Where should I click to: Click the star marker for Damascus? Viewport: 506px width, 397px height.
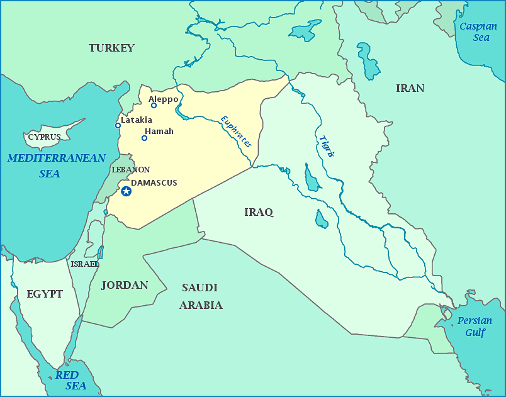(126, 191)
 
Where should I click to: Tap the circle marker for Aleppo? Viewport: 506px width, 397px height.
(154, 105)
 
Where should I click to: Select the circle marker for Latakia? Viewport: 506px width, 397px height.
(118, 125)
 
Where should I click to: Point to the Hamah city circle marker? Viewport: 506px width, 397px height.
(144, 138)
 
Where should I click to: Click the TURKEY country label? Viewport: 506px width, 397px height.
(111, 48)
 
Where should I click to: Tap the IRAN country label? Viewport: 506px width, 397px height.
(410, 88)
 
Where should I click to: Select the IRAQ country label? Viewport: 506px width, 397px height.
(259, 212)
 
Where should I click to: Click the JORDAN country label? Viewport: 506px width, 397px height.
(125, 285)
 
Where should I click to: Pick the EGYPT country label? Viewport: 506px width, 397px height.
(45, 294)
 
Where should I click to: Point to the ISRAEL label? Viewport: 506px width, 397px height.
(84, 264)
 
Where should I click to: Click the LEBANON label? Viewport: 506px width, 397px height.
(130, 170)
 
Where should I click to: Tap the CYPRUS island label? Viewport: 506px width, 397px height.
(44, 137)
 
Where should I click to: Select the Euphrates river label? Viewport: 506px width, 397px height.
(236, 131)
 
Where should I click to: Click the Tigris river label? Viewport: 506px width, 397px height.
(326, 146)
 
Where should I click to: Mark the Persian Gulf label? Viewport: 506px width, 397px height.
(475, 326)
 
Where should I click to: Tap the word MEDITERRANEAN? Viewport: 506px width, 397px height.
(57, 158)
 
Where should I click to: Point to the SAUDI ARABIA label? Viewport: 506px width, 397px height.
(200, 296)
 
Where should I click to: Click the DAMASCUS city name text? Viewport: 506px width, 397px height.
(154, 182)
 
